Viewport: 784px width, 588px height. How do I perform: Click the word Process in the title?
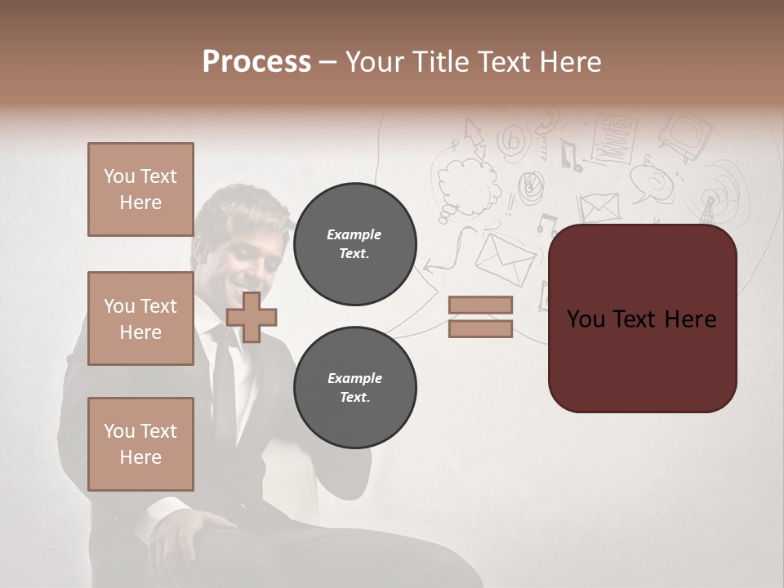click(256, 61)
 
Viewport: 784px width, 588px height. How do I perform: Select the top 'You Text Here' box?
click(140, 189)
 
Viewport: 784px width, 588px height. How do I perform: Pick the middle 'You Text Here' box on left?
click(140, 318)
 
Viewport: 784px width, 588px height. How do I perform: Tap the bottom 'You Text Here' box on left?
click(140, 443)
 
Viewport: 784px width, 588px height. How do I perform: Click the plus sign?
click(251, 317)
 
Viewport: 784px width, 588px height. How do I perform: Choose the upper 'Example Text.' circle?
click(354, 244)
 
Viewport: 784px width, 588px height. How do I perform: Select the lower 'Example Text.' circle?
click(354, 388)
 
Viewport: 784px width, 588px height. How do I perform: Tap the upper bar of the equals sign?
click(480, 305)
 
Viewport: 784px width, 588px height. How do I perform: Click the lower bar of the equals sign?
click(480, 328)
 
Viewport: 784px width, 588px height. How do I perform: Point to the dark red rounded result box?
click(642, 318)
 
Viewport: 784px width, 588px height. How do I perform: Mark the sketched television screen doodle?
click(684, 131)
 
